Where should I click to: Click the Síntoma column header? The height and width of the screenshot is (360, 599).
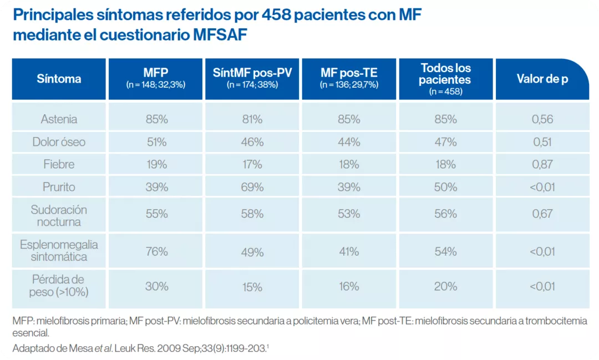pos(59,79)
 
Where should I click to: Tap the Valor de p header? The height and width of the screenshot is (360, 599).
pos(542,79)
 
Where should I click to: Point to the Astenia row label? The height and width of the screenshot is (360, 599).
pos(59,119)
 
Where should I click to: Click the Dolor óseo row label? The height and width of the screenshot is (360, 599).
pos(59,142)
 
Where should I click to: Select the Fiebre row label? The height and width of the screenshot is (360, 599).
pos(59,165)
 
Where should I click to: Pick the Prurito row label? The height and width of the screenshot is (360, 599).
pos(59,187)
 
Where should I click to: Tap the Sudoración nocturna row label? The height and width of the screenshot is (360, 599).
pos(59,216)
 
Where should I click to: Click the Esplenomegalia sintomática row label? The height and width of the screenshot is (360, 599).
pos(59,251)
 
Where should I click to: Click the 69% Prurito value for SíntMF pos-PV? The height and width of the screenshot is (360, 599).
pos(252,187)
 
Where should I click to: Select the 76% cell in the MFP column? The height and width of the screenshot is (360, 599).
pos(156,252)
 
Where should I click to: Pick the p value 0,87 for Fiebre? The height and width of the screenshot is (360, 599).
pos(543,165)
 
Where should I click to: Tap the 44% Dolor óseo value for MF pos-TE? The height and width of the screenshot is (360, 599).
pos(349,142)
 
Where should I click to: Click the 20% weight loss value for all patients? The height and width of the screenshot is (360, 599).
pos(445,287)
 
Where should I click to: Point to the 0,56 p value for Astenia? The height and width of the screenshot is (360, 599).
pos(543,119)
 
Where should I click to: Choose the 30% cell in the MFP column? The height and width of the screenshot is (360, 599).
pos(156,287)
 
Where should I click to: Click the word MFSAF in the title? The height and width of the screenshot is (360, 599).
pos(220,34)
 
